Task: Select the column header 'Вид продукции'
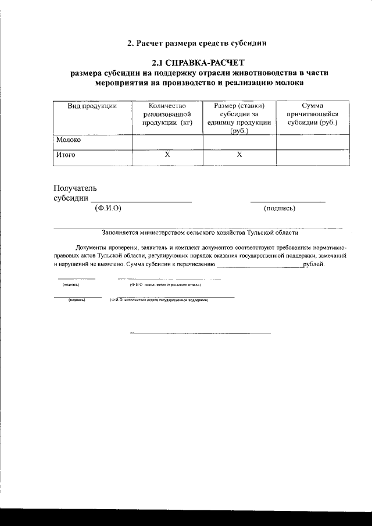[92, 106]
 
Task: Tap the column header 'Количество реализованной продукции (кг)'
[167, 114]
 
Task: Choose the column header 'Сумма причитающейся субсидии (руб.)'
[313, 114]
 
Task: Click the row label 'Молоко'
[69, 140]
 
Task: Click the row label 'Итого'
[66, 155]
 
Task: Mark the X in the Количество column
[167, 155]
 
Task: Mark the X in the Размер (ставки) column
[239, 155]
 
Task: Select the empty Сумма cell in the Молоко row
[313, 141]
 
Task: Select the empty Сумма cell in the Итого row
[313, 156]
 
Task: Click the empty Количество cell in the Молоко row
[167, 141]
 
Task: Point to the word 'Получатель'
[76, 188]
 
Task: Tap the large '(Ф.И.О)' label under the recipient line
[108, 207]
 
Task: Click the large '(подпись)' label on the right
[280, 207]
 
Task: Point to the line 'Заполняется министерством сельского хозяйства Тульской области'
[200, 232]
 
